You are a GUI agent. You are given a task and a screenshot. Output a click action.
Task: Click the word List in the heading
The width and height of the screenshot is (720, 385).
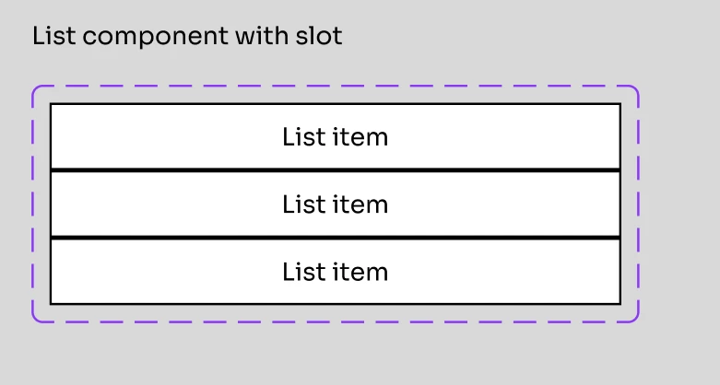[x=53, y=36]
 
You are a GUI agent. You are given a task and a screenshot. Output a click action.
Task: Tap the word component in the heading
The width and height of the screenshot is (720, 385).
[x=155, y=38]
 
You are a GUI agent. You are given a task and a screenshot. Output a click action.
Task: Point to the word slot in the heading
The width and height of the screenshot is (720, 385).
[x=319, y=35]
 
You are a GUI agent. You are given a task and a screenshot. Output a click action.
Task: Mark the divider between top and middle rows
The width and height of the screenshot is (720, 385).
[x=336, y=170]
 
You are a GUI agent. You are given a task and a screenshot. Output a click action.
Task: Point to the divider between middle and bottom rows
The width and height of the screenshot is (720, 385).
[x=336, y=238]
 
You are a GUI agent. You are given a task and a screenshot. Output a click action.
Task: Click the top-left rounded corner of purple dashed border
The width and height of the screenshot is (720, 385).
[x=35, y=88]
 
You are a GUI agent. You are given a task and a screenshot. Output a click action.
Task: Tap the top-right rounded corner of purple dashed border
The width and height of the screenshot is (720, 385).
[x=636, y=88]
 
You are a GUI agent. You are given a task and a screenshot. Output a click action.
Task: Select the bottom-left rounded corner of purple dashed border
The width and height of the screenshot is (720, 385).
[x=35, y=320]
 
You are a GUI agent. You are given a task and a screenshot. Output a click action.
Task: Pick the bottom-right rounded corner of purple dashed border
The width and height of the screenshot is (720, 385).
[x=636, y=320]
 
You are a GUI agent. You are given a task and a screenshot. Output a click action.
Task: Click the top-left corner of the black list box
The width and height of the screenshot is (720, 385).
[x=51, y=104]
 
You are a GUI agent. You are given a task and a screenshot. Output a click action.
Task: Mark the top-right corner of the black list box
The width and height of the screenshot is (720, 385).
[x=620, y=104]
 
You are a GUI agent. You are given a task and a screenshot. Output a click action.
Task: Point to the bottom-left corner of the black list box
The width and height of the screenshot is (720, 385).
[x=51, y=304]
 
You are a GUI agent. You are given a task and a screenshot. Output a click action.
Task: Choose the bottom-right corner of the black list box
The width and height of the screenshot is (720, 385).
[x=620, y=304]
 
